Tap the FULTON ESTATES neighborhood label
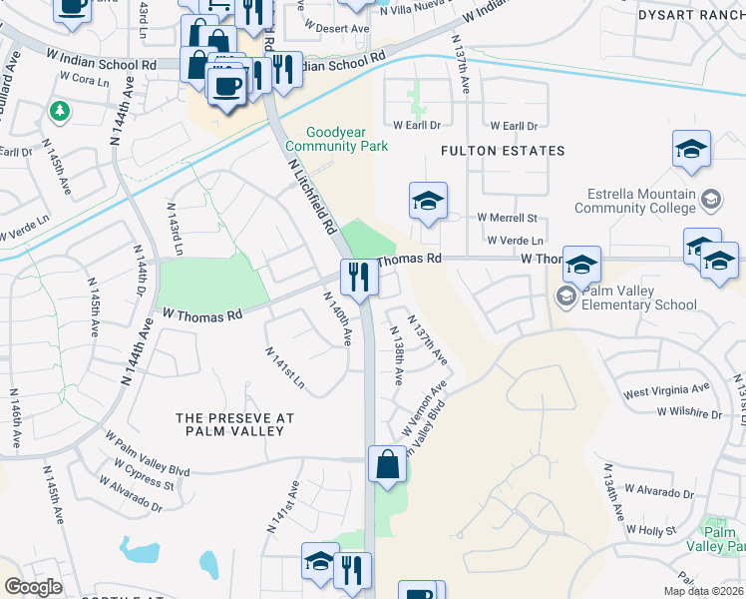click(x=504, y=151)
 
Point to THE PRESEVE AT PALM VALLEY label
click(x=229, y=424)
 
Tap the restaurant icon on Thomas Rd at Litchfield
click(x=358, y=276)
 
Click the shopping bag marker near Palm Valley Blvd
click(x=388, y=464)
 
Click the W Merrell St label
click(x=507, y=218)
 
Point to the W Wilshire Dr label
click(x=688, y=412)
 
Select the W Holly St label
click(x=666, y=531)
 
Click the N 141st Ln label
click(x=284, y=368)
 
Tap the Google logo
click(x=34, y=587)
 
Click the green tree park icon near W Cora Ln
click(x=59, y=110)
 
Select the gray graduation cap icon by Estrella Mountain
click(x=711, y=198)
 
